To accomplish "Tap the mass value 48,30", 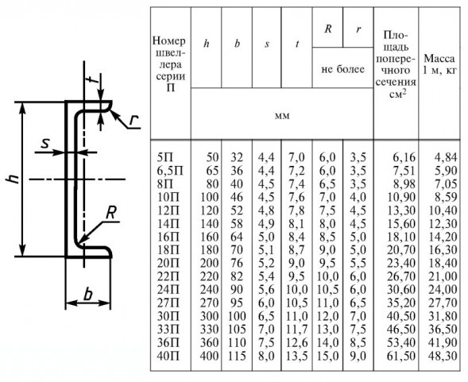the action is (443, 356).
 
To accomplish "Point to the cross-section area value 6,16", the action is (404, 157).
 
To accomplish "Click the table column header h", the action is (207, 44).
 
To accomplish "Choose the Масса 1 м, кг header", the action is (439, 64).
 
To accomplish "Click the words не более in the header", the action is (343, 69).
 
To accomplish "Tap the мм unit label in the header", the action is (282, 116).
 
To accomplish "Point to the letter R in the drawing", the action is (110, 214).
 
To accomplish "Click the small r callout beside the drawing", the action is (134, 120).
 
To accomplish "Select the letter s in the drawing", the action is (44, 144).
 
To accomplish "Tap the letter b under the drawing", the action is (87, 295).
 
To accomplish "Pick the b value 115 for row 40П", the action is (237, 356).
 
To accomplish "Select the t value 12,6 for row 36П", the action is (296, 342).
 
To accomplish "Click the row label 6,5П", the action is (170, 171).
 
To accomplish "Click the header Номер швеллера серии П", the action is (170, 64).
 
